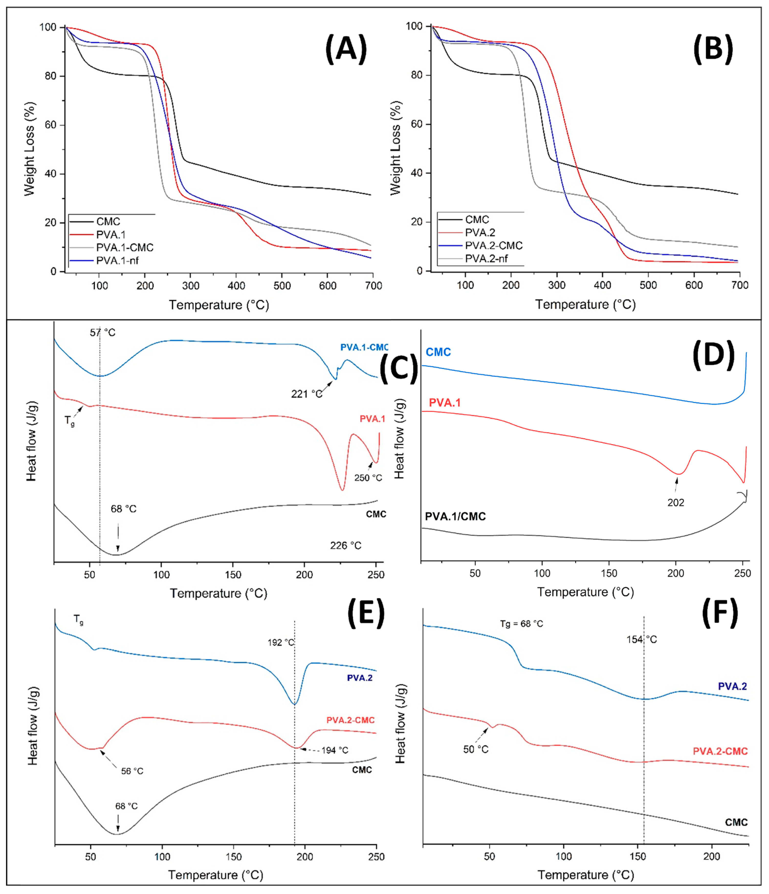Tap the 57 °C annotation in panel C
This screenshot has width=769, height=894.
103,333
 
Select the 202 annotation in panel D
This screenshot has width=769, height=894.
676,503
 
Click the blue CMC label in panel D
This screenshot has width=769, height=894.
438,352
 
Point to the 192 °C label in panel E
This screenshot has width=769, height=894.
281,642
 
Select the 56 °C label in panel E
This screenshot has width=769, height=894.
132,771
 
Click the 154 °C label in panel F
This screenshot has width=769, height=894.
642,640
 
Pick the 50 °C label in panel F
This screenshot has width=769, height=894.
476,749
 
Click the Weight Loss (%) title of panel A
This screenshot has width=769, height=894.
29,149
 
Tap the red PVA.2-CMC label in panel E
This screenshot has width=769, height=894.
350,720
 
